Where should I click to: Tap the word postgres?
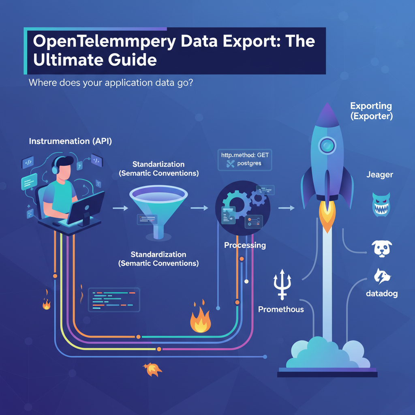coord(250,164)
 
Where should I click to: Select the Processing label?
coord(245,245)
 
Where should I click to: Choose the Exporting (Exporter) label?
coord(371,111)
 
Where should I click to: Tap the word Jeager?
coord(380,175)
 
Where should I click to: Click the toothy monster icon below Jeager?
coord(381,204)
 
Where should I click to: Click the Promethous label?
coord(281,309)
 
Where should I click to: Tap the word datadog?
coord(381,293)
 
